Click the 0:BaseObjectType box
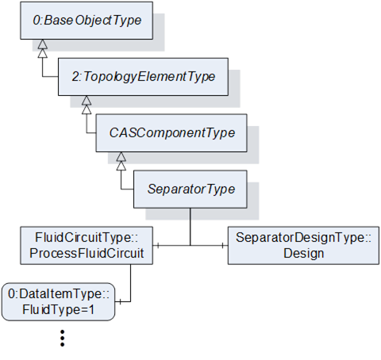87,21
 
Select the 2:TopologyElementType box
143,77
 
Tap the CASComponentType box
171,133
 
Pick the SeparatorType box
190,190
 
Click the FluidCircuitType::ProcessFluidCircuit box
87,245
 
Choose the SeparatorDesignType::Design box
303,245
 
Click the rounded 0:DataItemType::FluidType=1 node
59,301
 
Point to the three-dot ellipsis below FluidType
63,338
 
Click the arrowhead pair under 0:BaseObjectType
43,49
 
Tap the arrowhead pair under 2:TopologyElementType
87,105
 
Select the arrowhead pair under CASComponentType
121,161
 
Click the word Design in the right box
304,254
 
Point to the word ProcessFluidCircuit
87,253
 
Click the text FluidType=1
59,309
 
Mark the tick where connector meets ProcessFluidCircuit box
158,246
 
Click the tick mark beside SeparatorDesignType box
223,246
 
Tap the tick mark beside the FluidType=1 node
120,301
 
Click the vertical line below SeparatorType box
190,227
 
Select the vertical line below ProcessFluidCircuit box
131,283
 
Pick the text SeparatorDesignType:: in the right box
303,237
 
